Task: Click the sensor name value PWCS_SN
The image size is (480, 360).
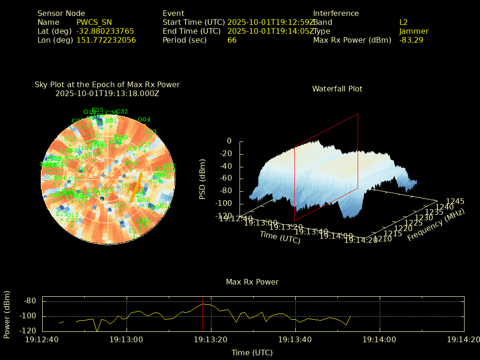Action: coord(94,22)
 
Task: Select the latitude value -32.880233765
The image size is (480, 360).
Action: coord(105,31)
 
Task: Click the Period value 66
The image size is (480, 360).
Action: coord(232,40)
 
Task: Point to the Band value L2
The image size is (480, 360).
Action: coord(404,22)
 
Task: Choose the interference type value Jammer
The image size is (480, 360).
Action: coord(414,31)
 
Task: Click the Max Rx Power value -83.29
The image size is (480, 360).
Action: coord(411,40)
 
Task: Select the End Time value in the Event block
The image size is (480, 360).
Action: coord(270,31)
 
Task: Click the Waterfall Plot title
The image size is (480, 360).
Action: coord(337,89)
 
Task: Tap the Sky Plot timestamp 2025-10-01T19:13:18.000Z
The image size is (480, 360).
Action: coord(107,93)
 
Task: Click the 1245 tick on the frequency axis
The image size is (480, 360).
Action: coord(455,201)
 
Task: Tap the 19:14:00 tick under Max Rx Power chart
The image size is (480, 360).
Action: coord(380,339)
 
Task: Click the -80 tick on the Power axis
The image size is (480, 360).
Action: coord(30,301)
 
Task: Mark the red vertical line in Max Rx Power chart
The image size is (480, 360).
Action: coord(202,314)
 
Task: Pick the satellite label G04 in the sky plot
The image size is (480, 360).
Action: coord(144,120)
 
